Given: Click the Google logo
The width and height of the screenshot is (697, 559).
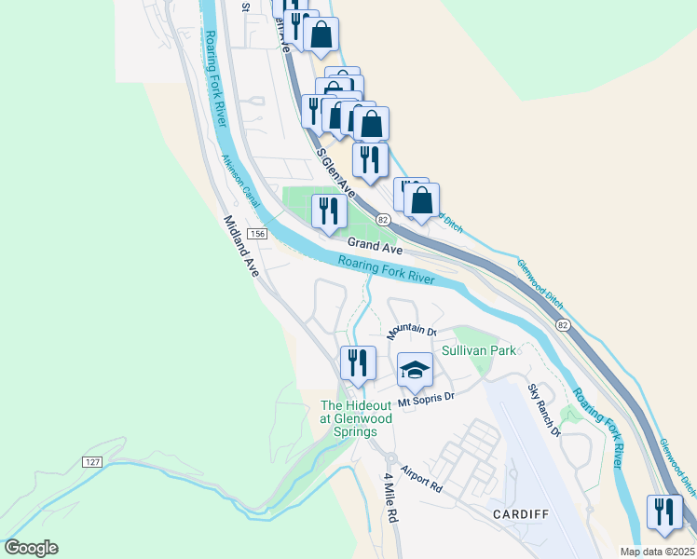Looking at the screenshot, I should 31,548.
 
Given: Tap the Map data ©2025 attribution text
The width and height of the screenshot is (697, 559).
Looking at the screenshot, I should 657,552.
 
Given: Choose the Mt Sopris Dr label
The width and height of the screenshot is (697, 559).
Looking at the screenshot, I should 425,399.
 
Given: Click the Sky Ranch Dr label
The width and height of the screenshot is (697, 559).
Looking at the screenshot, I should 544,411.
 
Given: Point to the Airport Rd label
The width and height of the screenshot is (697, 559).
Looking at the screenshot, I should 421,480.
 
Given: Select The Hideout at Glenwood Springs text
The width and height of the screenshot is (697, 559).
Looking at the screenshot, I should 357,418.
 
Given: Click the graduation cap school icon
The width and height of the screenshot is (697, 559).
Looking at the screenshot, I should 415,370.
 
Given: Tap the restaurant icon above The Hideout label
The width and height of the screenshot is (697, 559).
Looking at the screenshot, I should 358,362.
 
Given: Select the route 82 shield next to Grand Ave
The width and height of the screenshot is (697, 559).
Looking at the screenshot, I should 383,219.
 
